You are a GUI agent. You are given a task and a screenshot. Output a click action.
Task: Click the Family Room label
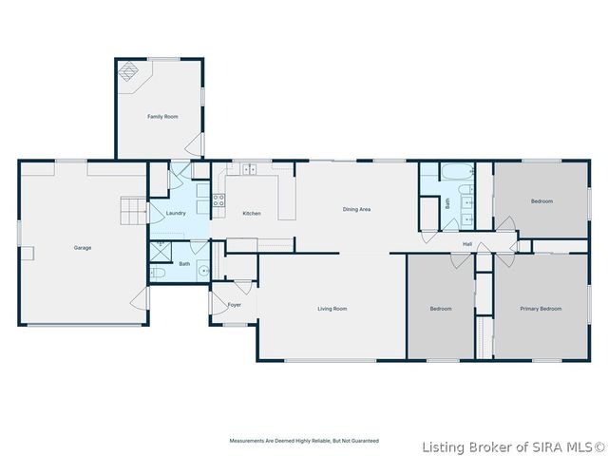coord(162,117)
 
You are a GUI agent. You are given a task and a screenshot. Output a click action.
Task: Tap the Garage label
coord(83,248)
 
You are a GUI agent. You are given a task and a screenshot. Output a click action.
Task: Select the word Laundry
coord(176,214)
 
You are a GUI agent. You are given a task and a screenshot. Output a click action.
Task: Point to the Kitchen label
coord(252,214)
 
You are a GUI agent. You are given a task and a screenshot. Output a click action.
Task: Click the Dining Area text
coord(356,209)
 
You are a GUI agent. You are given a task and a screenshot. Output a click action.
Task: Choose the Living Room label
coord(332,309)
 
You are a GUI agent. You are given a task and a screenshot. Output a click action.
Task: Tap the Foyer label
coord(235,305)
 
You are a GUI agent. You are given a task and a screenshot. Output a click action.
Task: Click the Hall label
coord(467,244)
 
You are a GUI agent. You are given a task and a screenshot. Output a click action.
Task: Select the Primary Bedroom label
coord(541,309)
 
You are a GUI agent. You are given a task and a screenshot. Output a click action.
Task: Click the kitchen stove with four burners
coord(218,200)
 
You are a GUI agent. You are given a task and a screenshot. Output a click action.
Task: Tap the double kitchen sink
coord(251,170)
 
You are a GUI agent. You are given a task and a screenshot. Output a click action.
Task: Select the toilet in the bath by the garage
coord(159,274)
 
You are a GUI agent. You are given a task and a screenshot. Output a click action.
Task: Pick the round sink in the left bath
coord(202,271)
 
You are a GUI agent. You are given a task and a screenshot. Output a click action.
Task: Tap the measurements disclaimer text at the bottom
coord(304,441)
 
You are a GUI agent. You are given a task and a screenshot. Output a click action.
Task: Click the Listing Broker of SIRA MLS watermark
coord(514,446)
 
